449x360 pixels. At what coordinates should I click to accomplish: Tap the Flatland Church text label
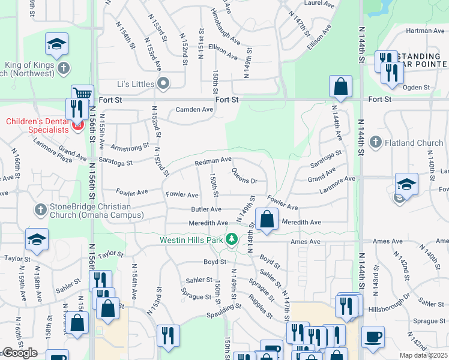point(413,143)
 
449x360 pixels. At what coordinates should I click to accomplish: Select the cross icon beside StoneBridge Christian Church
point(40,209)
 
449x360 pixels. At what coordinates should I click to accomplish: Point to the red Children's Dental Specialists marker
point(77,126)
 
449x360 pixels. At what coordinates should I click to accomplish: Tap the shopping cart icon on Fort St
point(83,94)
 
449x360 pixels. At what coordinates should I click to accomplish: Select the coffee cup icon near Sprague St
point(373,337)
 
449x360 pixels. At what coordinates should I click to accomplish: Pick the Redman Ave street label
point(212,161)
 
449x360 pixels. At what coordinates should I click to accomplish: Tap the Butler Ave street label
point(206,209)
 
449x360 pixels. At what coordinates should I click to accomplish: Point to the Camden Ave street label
point(194,110)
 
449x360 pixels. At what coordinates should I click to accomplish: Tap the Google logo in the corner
point(19,353)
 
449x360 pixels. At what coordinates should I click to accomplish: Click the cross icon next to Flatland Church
point(376,142)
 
